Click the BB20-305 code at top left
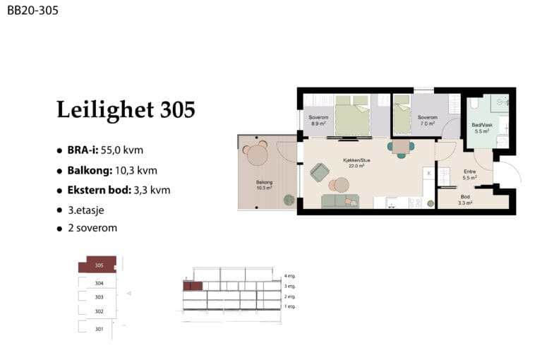coord(32,11)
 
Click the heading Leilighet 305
coord(126,109)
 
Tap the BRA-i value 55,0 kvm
coord(122,150)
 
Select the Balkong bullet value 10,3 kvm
coord(136,171)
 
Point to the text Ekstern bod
coord(100,190)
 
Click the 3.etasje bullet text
coord(86,210)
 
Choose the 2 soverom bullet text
coord(92,228)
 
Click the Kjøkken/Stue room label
coord(356,160)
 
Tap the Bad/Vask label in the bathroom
coord(482,125)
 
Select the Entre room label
coord(470,172)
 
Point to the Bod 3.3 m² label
coord(465,200)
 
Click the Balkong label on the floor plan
coord(264,182)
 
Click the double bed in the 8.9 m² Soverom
coord(353,116)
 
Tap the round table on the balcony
coord(258,155)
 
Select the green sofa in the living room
coord(340,201)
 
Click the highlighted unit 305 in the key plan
coord(100,265)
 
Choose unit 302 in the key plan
coord(100,311)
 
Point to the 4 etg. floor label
coord(290,276)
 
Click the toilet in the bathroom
coord(474,103)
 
